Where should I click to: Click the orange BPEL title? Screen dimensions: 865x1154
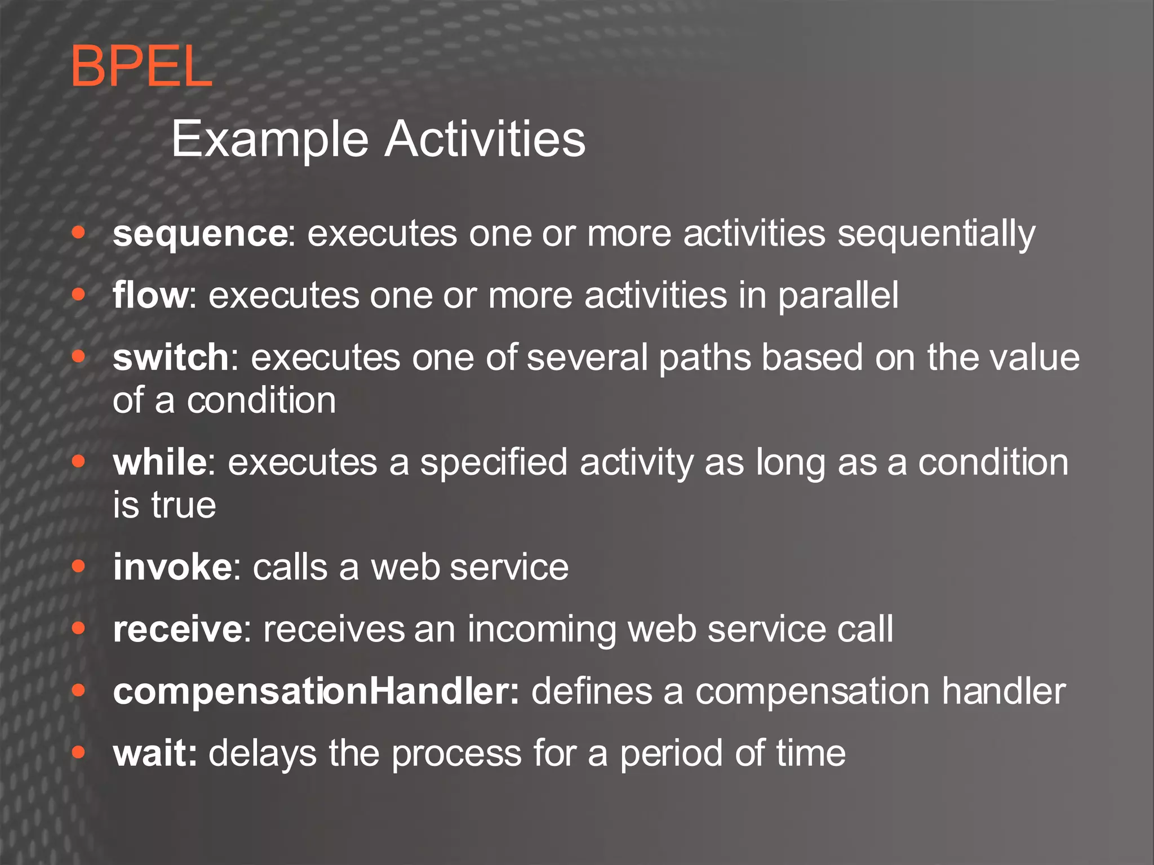[x=141, y=67]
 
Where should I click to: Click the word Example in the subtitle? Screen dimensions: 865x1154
[x=269, y=139]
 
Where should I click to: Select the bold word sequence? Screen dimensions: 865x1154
[x=200, y=234]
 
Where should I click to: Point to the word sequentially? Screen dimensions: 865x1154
[x=936, y=234]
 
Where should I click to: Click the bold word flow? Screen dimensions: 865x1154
[x=150, y=295]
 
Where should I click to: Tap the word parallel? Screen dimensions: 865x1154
[x=838, y=296]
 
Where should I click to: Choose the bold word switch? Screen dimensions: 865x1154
[x=170, y=357]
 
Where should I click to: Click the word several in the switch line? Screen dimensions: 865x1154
[x=587, y=357]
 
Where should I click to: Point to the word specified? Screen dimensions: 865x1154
[x=493, y=463]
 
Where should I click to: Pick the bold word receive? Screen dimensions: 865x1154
[x=177, y=629]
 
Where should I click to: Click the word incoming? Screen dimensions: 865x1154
[x=542, y=630]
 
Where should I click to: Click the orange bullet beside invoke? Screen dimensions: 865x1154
[x=78, y=567]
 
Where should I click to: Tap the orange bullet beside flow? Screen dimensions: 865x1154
[x=78, y=294]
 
